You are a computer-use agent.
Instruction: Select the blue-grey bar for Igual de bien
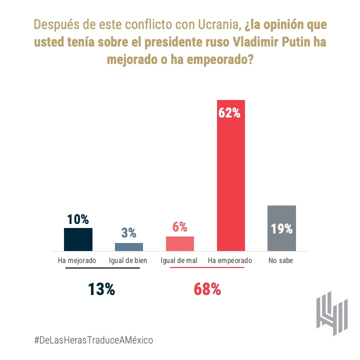[x=129, y=246]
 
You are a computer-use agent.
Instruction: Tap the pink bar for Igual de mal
[x=180, y=243]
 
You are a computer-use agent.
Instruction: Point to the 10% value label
[x=78, y=219]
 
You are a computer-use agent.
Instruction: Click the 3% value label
[x=129, y=232]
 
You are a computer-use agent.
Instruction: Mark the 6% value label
[x=180, y=226]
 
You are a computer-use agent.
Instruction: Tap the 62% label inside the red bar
[x=230, y=113]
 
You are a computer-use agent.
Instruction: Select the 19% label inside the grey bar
[x=281, y=229]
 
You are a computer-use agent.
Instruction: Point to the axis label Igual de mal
[x=179, y=261]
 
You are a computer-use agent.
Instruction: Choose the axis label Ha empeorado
[x=230, y=261]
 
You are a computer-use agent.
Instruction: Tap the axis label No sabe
[x=281, y=261]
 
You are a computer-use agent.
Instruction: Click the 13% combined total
[x=102, y=289]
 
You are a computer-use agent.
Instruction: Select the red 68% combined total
[x=207, y=289]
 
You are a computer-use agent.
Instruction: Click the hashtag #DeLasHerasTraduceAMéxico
[x=93, y=340]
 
